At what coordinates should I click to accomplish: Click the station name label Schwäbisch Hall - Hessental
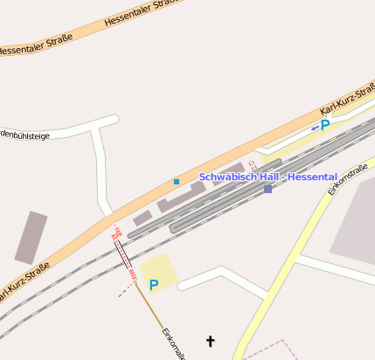point(262,177)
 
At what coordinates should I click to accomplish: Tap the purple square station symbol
point(267,189)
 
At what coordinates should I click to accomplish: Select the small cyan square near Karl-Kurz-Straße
point(177,182)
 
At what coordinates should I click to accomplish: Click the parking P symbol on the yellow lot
point(154,285)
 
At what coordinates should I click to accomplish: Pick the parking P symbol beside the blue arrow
point(325,125)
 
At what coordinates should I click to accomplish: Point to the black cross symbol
point(209,340)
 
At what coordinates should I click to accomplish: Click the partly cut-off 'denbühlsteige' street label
point(24,135)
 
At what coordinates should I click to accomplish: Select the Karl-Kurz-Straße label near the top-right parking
point(347,98)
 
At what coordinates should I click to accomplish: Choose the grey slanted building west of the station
point(31,237)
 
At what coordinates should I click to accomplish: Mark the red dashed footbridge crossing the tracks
point(124,255)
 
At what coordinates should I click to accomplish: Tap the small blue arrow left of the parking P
point(315,128)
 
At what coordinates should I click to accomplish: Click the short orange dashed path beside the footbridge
point(127,291)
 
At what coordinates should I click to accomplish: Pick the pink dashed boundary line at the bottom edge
point(271,350)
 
